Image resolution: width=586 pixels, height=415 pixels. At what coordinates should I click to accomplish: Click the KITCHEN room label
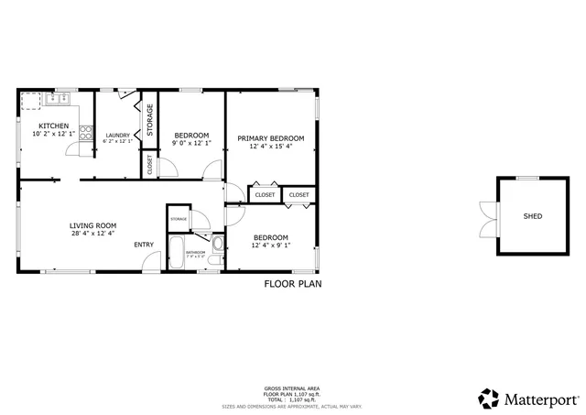[x=52, y=126]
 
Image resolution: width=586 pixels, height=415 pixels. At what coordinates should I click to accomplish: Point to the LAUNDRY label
[x=117, y=135]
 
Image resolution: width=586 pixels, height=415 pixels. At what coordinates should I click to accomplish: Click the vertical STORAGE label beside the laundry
[x=150, y=120]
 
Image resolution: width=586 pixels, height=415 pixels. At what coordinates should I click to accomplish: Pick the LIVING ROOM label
[x=92, y=225]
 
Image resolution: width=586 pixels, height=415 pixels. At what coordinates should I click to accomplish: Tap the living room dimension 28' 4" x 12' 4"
[x=92, y=234]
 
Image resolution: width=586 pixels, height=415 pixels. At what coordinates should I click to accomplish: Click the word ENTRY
[x=144, y=245]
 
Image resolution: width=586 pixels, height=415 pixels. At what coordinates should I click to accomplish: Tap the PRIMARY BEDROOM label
[x=270, y=137]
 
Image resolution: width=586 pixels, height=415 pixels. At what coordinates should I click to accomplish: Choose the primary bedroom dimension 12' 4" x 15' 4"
[x=270, y=146]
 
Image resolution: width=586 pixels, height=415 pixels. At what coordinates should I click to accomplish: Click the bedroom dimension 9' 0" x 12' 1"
[x=191, y=144]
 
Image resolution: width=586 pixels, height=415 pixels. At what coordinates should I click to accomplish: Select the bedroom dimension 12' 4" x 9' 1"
[x=270, y=245]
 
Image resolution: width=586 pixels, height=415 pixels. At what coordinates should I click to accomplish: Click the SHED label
[x=532, y=217]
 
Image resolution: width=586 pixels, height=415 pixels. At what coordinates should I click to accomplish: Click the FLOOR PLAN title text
[x=292, y=284]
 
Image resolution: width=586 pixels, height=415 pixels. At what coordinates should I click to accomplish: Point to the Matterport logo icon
[x=489, y=399]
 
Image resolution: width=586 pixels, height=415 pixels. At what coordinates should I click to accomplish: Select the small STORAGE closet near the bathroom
[x=178, y=220]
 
